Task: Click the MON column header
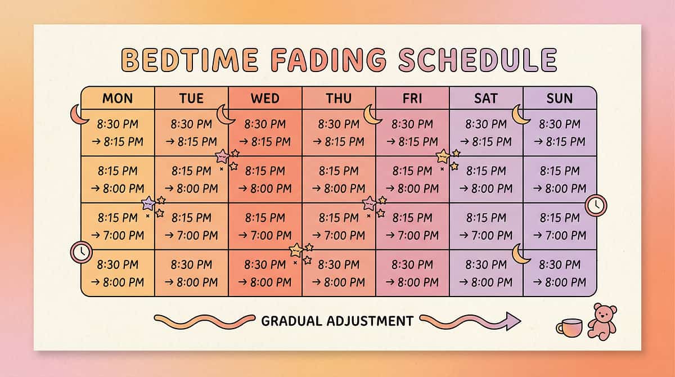click(118, 98)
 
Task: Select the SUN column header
click(560, 98)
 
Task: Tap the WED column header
click(265, 98)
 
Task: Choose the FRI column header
click(412, 98)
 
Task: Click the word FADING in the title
click(328, 60)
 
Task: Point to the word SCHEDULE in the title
click(478, 60)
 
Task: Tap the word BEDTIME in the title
click(190, 60)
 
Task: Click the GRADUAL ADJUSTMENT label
click(337, 321)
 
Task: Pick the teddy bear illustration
click(601, 321)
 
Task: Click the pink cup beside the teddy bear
click(569, 327)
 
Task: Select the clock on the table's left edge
click(81, 252)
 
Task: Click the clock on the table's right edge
click(596, 205)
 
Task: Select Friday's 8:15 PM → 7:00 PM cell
click(412, 226)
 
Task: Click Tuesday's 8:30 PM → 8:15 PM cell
click(191, 133)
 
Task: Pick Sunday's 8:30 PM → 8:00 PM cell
click(560, 273)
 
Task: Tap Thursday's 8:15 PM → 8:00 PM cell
click(339, 179)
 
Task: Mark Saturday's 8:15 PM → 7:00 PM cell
click(486, 226)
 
